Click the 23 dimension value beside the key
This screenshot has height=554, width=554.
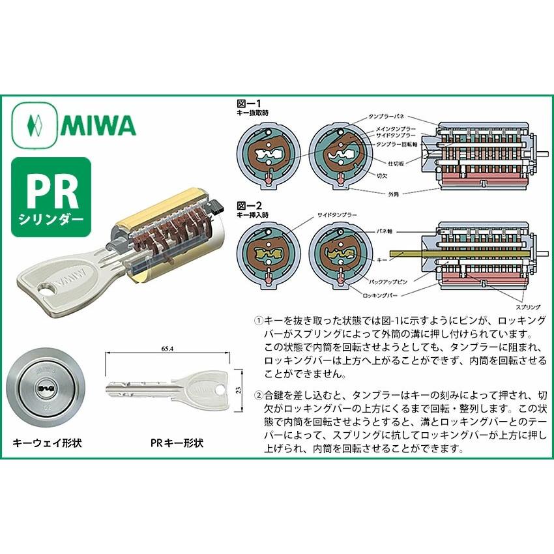(x=239, y=389)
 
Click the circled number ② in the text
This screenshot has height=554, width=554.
(x=258, y=394)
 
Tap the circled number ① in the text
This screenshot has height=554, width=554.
(x=258, y=321)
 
